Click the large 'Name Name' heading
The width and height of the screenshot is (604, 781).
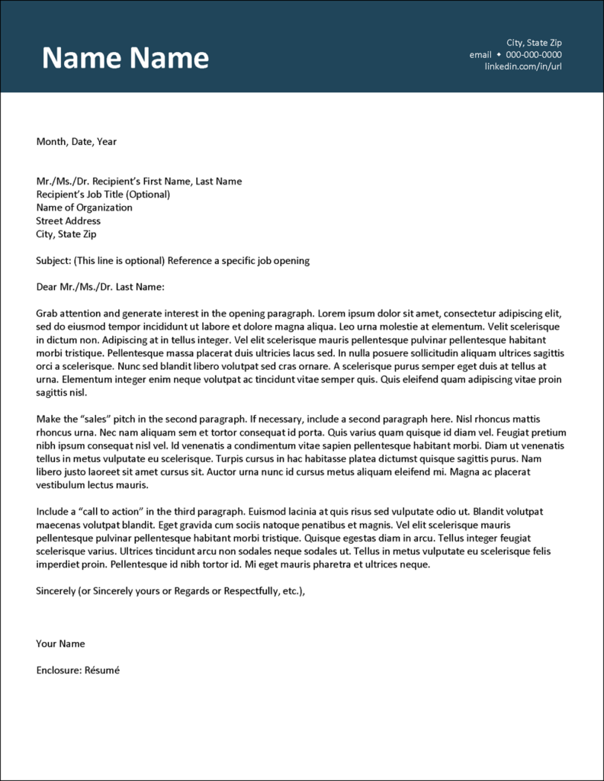pos(125,59)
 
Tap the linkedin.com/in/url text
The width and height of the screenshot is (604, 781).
pos(522,67)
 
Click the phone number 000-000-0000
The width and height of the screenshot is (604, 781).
pos(534,55)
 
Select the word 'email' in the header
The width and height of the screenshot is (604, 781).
pos(480,55)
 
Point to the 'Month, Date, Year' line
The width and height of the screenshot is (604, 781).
pos(76,142)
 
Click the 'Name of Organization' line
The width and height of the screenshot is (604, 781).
pos(84,207)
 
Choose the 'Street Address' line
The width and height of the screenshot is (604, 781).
pos(68,221)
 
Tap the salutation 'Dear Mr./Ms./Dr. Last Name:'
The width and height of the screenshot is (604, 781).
pos(100,288)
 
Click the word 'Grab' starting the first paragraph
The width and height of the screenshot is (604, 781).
pos(47,313)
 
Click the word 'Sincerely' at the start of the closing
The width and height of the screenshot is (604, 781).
pos(56,591)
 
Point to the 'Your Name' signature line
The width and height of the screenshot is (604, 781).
pos(60,644)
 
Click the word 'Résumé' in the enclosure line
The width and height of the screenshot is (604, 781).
pos(104,670)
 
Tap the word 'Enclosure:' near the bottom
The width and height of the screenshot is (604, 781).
pos(59,670)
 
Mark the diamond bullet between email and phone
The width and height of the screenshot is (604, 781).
pos(499,55)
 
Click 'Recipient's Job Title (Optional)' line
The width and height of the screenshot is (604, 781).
pos(103,194)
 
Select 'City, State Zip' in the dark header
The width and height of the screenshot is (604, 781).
pos(534,43)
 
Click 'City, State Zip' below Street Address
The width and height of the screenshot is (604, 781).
pos(66,234)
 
